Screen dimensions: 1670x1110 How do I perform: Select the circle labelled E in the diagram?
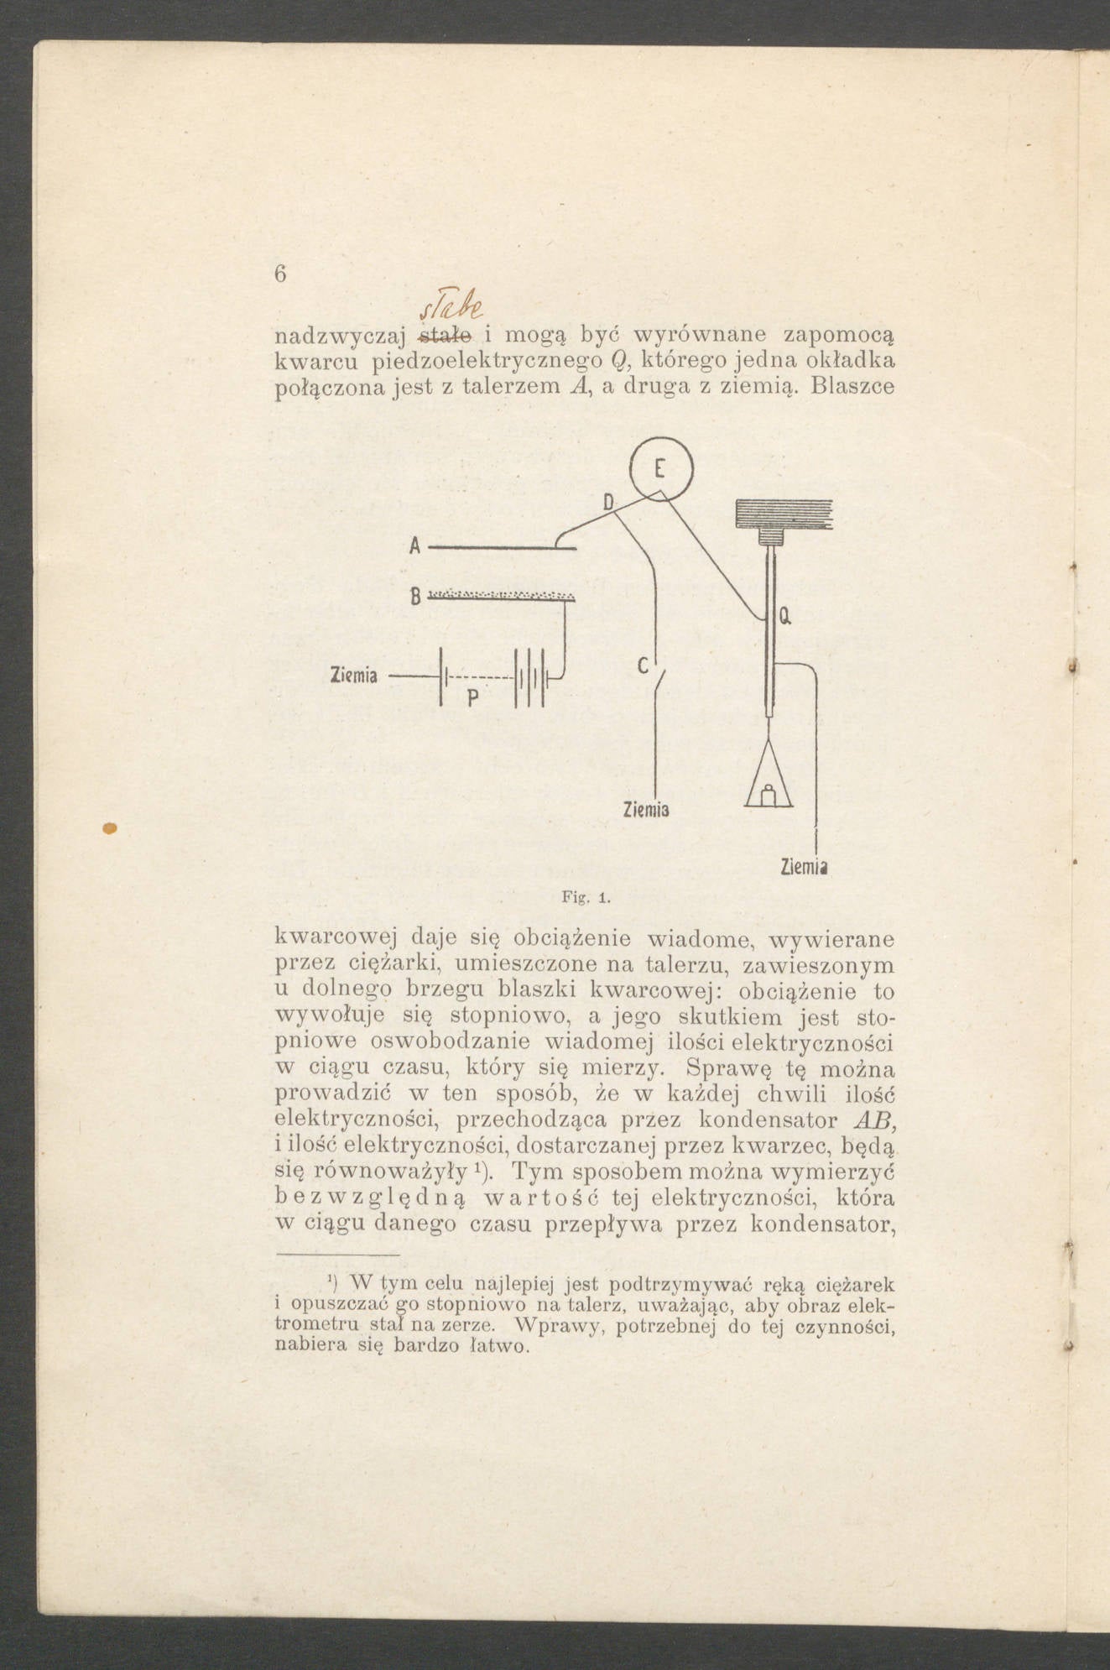coord(662,468)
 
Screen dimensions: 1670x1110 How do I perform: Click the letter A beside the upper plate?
coord(414,545)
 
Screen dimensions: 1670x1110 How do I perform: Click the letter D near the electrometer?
coord(609,503)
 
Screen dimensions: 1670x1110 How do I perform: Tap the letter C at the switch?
coord(643,666)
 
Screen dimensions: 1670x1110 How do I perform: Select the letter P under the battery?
coord(472,697)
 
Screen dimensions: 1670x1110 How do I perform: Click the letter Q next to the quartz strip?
coord(784,618)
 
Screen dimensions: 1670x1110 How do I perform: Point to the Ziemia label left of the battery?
coord(353,675)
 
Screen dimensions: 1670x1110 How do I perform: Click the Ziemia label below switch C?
coord(646,810)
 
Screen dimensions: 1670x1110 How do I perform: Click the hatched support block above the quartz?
coord(784,514)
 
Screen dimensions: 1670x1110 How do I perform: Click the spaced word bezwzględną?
coord(367,1195)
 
